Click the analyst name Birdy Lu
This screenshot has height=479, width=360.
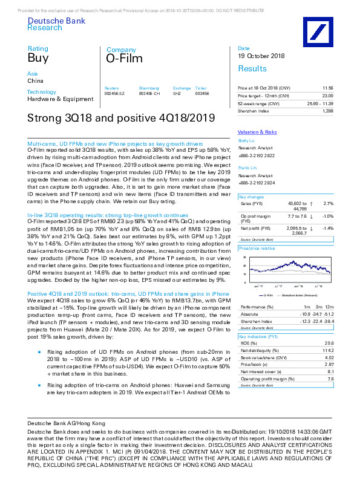[x=247, y=140]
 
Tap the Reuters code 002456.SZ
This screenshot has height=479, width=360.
[x=115, y=94]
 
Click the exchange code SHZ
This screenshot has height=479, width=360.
[x=177, y=94]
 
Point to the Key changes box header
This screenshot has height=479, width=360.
[x=251, y=197]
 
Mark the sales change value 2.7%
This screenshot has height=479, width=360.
[x=329, y=204]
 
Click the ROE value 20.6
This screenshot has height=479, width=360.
[x=329, y=342]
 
